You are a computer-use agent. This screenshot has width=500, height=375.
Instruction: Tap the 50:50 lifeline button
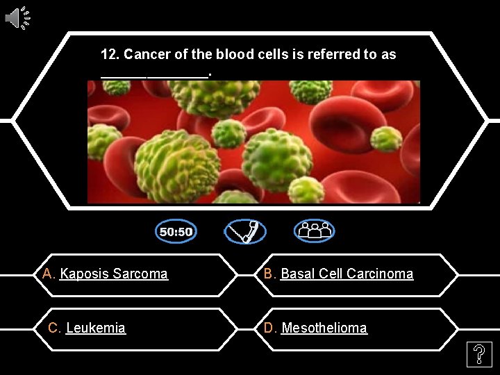click(176, 231)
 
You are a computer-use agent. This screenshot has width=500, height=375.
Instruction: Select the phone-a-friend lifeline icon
click(244, 231)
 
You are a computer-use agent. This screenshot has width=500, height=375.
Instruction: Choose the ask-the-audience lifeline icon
click(314, 231)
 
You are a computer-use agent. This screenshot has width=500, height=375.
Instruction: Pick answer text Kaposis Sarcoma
click(114, 274)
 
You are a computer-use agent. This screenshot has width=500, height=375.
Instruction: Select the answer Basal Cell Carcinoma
click(347, 274)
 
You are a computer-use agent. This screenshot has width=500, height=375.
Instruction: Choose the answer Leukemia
click(96, 328)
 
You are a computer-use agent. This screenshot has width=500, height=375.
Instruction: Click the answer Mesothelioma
click(324, 328)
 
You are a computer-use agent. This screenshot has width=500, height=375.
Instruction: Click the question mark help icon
click(478, 356)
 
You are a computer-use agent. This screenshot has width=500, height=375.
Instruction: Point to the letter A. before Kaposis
click(49, 274)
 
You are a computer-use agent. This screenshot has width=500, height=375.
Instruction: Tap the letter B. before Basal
click(270, 274)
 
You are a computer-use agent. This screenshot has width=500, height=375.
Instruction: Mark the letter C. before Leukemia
click(54, 328)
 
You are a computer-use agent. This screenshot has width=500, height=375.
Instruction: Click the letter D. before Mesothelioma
click(271, 328)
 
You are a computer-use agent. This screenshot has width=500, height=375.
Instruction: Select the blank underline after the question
click(154, 74)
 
